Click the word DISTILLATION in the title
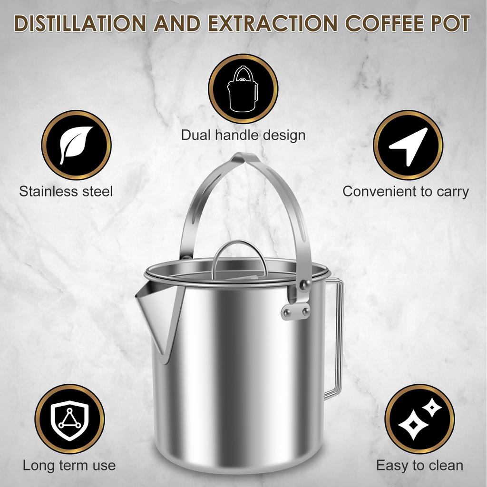[x=81, y=23]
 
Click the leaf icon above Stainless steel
[x=76, y=145]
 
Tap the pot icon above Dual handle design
[x=243, y=89]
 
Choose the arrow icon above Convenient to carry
[x=408, y=145]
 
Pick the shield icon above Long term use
[x=69, y=419]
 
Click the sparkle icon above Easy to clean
[x=419, y=419]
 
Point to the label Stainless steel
[x=66, y=192]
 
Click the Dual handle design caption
[x=243, y=135]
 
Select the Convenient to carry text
[x=406, y=192]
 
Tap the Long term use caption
[x=69, y=465]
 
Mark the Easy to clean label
[x=419, y=465]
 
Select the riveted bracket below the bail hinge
[x=295, y=312]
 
